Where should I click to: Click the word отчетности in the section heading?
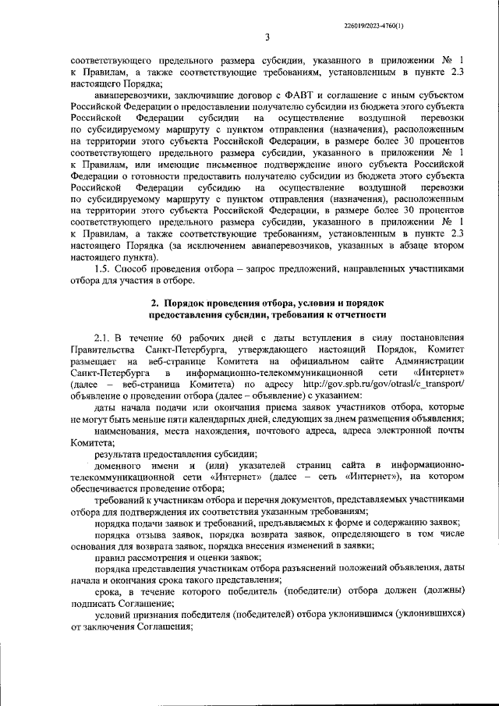(x=359, y=336)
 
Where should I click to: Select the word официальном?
(x=302, y=384)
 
